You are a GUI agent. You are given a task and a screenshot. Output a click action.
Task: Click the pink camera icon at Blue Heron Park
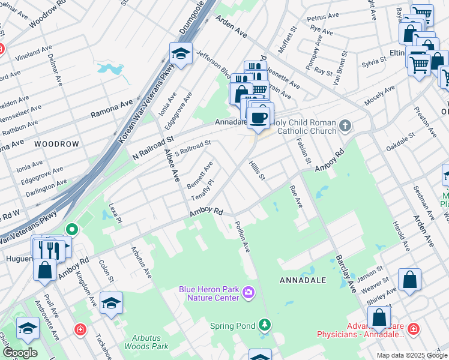(x=249, y=293)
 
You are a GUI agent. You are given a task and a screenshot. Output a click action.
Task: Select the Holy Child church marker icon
(x=345, y=126)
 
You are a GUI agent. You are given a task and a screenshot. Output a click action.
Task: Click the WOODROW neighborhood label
(x=56, y=145)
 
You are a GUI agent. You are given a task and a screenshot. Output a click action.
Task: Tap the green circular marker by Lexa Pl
(x=71, y=229)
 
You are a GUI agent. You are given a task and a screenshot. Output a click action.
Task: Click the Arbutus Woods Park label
(x=146, y=342)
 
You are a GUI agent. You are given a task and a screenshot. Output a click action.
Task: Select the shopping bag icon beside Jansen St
(x=409, y=280)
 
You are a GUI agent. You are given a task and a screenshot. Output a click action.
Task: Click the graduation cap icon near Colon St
(x=111, y=303)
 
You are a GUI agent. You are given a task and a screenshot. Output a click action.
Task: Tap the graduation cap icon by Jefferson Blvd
(x=181, y=54)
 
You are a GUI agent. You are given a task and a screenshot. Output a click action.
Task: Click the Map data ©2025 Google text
(x=411, y=355)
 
